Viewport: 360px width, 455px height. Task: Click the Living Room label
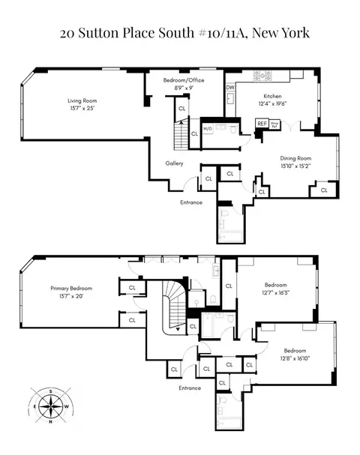82,100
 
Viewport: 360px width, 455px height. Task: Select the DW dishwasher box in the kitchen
229,88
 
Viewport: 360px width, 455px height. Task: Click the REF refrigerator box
262,124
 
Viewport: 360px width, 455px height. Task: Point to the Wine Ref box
275,124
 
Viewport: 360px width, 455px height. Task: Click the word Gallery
175,163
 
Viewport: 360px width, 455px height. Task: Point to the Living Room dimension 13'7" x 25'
82,109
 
